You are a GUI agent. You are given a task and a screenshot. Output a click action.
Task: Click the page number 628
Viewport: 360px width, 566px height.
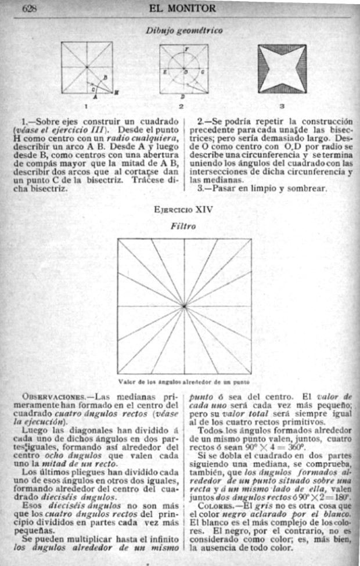(30, 8)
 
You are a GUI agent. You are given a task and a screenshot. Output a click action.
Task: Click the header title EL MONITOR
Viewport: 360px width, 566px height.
(182, 8)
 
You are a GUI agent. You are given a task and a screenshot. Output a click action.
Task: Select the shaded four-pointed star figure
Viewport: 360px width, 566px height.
(282, 69)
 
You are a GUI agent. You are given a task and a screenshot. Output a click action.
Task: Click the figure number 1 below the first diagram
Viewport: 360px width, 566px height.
(85, 106)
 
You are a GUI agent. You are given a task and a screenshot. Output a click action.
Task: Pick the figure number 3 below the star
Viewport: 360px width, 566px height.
(281, 106)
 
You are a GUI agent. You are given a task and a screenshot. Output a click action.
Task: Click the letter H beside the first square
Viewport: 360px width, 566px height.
(116, 92)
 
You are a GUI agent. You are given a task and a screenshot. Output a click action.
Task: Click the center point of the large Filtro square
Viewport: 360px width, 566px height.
(185, 305)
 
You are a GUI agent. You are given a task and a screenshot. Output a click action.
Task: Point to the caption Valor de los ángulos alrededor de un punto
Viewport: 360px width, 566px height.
(184, 381)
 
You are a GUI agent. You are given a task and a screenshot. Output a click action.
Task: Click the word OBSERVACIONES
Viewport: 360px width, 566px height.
(53, 397)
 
